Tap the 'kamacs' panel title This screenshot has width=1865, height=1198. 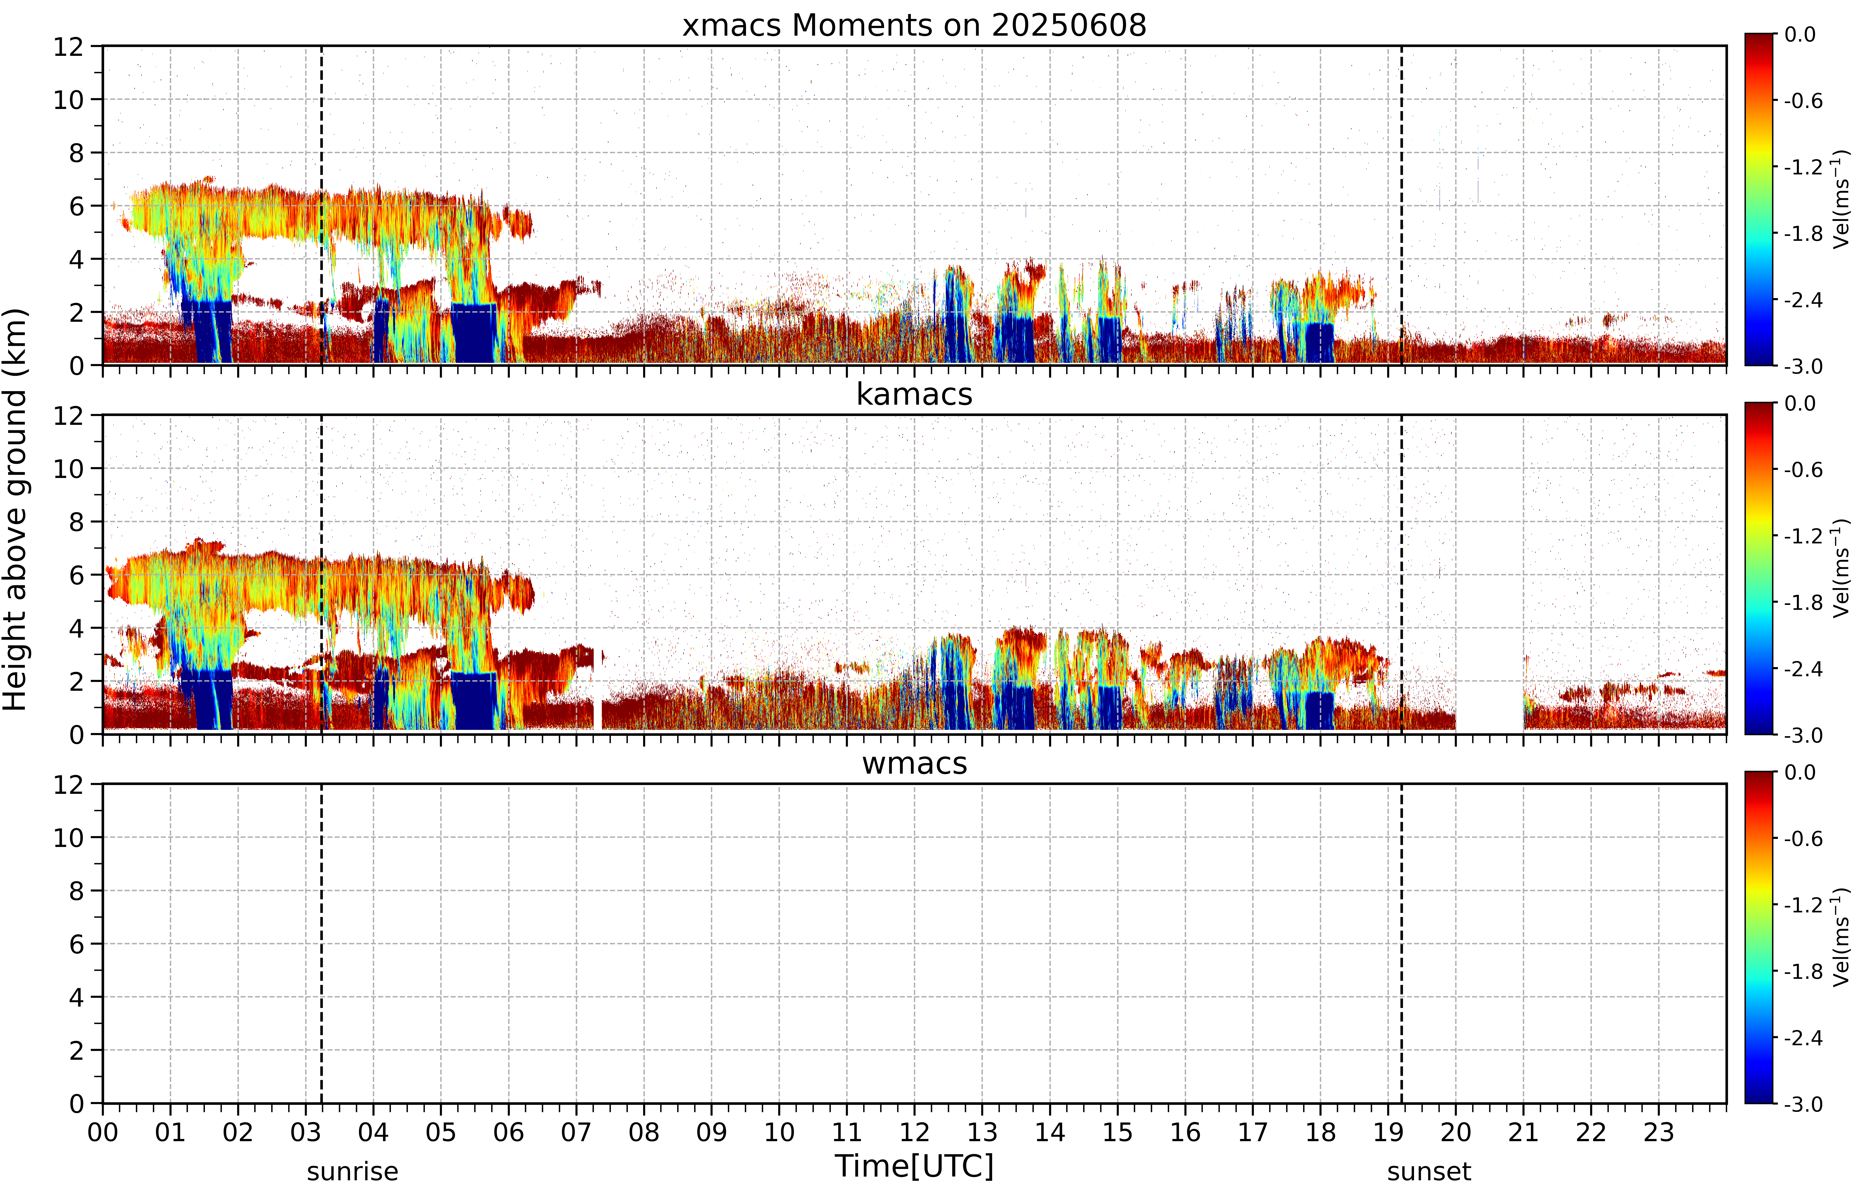(x=914, y=394)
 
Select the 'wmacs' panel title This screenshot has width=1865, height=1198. (x=914, y=763)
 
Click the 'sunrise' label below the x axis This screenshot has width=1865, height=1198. (x=353, y=1171)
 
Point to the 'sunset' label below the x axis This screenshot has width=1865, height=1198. (x=1429, y=1171)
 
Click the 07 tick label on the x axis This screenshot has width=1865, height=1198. (x=576, y=1132)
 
